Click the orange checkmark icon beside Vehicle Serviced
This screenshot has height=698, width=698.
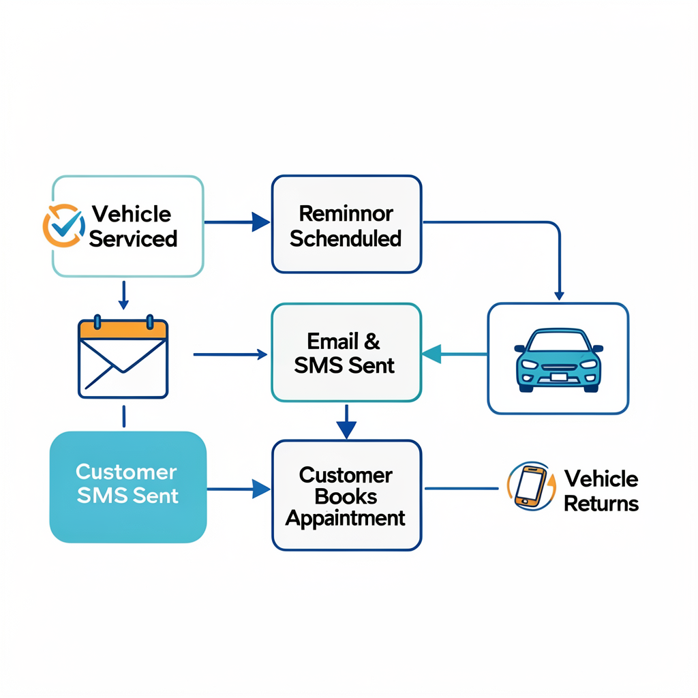click(x=64, y=226)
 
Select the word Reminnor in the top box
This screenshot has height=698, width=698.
click(x=346, y=213)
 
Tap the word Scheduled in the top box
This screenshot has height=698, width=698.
click(x=346, y=239)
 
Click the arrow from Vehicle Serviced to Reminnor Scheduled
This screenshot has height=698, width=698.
click(x=237, y=222)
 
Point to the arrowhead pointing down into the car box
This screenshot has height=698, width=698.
click(x=559, y=296)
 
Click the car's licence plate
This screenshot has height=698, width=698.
click(x=559, y=377)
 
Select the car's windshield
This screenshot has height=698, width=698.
click(x=559, y=342)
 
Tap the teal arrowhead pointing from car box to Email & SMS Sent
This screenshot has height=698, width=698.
click(x=431, y=354)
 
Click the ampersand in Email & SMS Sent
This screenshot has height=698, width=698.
click(x=371, y=342)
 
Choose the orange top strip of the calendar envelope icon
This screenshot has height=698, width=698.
click(x=123, y=329)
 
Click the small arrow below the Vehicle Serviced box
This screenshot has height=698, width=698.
click(x=124, y=294)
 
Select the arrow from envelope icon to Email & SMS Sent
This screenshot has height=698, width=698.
click(x=230, y=354)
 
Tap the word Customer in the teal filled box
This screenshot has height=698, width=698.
click(x=126, y=472)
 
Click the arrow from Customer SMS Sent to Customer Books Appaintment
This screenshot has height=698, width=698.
click(x=239, y=489)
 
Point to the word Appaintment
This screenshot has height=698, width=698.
click(x=346, y=518)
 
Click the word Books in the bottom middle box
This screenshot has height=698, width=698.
click(x=346, y=496)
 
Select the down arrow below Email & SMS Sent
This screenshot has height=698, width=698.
click(x=346, y=421)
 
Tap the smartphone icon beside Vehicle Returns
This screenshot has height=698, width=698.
click(x=530, y=485)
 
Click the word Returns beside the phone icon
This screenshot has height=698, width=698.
click(x=601, y=504)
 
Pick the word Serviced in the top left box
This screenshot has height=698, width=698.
click(x=133, y=239)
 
